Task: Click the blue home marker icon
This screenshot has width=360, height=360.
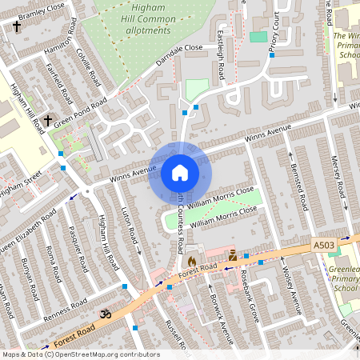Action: [x=180, y=173]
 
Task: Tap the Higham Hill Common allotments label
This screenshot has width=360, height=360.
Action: [x=142, y=22]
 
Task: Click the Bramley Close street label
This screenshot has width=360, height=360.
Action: [x=42, y=12]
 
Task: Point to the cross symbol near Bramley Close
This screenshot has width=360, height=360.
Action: [x=17, y=26]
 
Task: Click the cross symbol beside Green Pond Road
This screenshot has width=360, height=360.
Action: [x=47, y=122]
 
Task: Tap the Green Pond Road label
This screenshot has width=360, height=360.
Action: [x=80, y=113]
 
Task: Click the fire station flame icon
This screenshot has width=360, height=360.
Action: [x=191, y=261]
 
